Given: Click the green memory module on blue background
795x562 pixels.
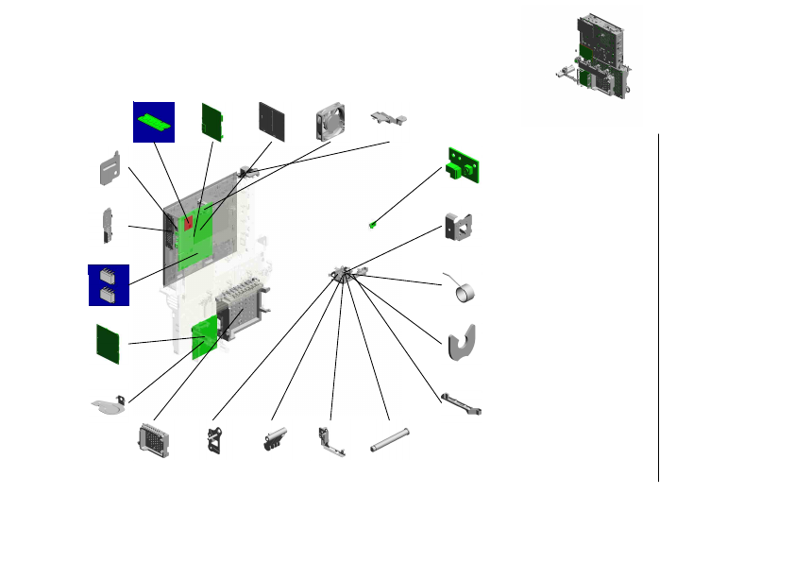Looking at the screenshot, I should (x=153, y=122).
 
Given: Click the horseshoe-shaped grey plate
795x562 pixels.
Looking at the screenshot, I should (x=460, y=343).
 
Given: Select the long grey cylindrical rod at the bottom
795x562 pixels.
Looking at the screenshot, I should (x=388, y=440).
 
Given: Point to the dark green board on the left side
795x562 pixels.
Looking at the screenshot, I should (x=109, y=343).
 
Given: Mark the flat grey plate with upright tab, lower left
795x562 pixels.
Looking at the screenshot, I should (x=112, y=406).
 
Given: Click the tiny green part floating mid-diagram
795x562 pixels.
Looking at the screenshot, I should (x=373, y=224).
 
